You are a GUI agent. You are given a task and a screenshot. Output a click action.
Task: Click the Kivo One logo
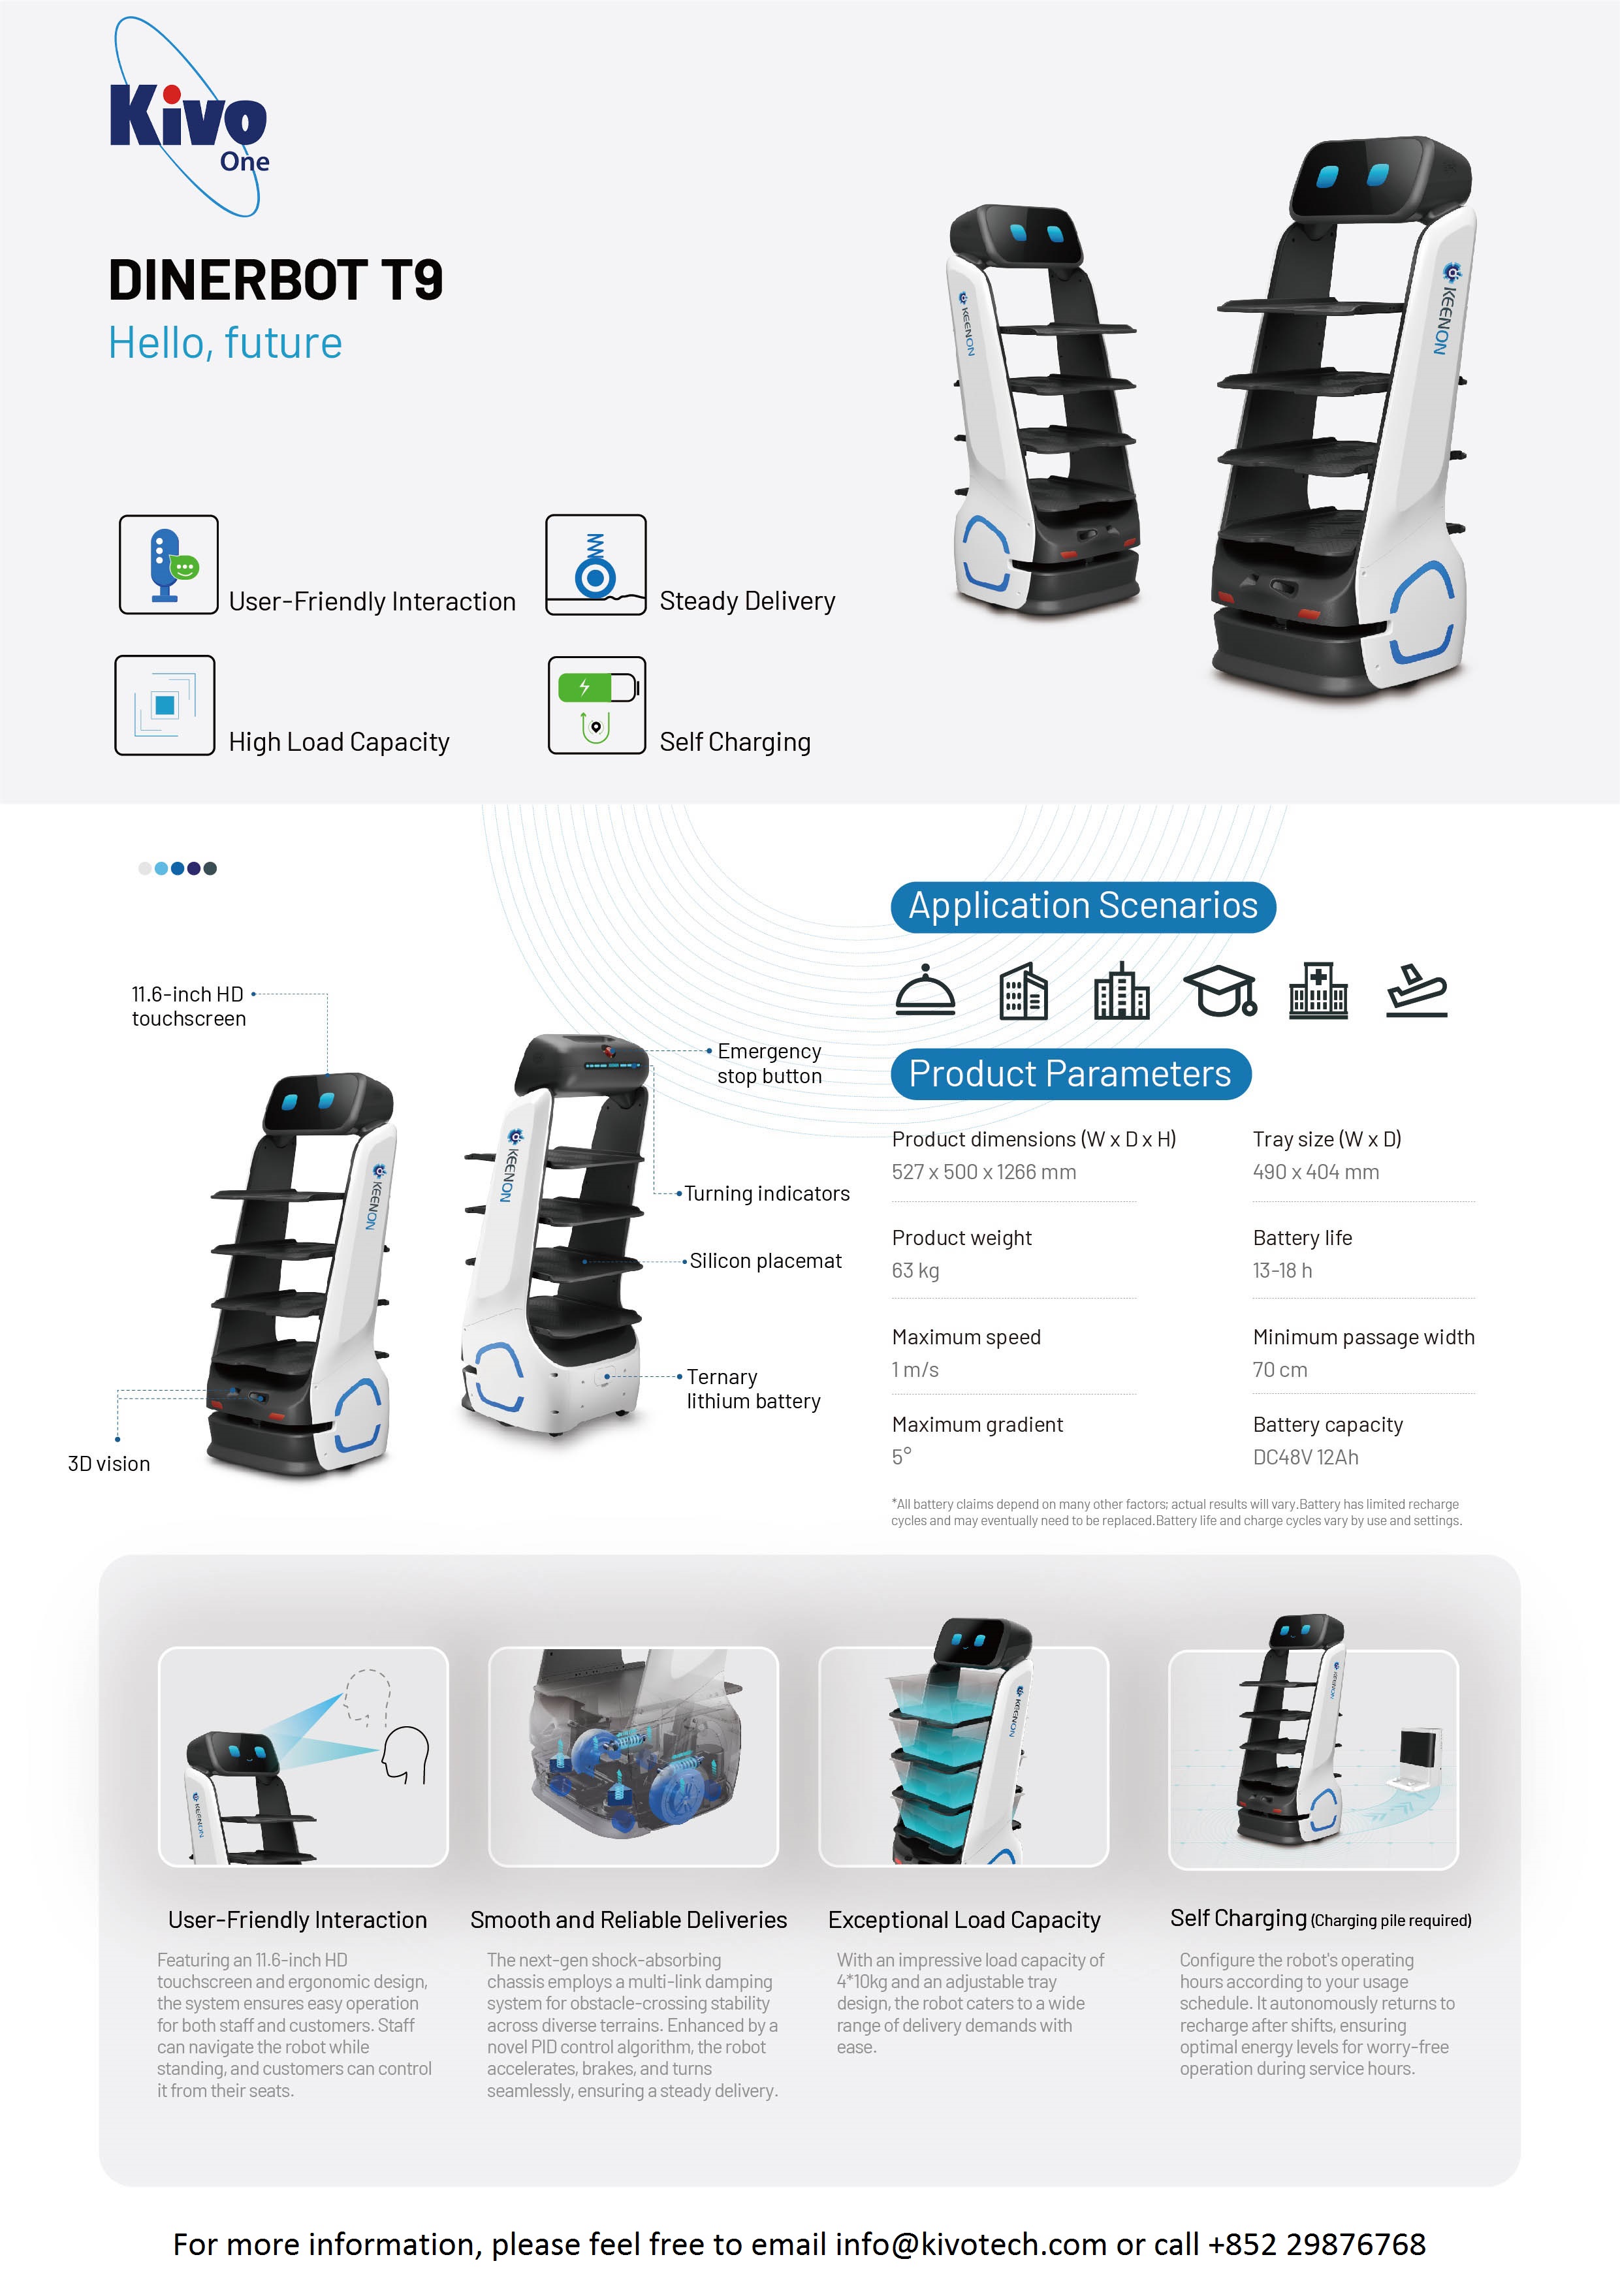(189, 118)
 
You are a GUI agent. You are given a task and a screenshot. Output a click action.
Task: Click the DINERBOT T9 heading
(276, 280)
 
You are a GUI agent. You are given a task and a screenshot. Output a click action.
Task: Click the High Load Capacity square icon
(165, 705)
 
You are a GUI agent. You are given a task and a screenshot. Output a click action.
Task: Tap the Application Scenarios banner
(1083, 907)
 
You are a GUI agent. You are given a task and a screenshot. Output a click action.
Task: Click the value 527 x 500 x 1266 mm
(983, 1172)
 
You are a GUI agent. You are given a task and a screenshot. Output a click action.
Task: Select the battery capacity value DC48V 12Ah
(1305, 1457)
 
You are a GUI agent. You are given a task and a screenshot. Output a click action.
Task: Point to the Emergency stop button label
(769, 1063)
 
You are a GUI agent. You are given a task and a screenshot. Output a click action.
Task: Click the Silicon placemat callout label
(765, 1261)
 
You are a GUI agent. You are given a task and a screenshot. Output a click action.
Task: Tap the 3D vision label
(109, 1463)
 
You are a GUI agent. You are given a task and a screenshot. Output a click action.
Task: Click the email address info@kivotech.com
(970, 2243)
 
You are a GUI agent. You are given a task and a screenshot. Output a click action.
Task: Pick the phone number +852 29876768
(1317, 2243)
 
